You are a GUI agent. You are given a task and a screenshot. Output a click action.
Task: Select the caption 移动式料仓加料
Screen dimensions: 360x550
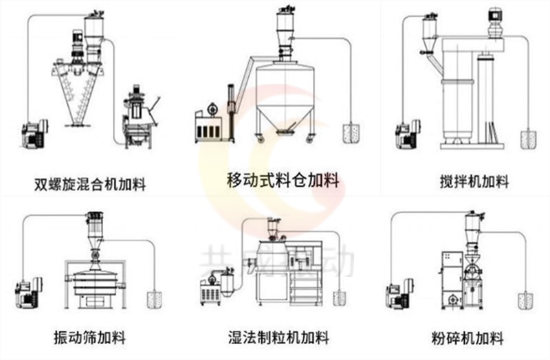click(283, 181)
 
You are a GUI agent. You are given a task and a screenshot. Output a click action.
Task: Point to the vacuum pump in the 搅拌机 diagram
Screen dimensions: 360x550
click(405, 134)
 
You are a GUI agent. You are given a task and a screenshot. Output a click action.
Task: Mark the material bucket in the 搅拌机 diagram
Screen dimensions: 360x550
click(529, 139)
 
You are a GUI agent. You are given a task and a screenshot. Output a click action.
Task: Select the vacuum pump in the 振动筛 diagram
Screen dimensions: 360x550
click(28, 291)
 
